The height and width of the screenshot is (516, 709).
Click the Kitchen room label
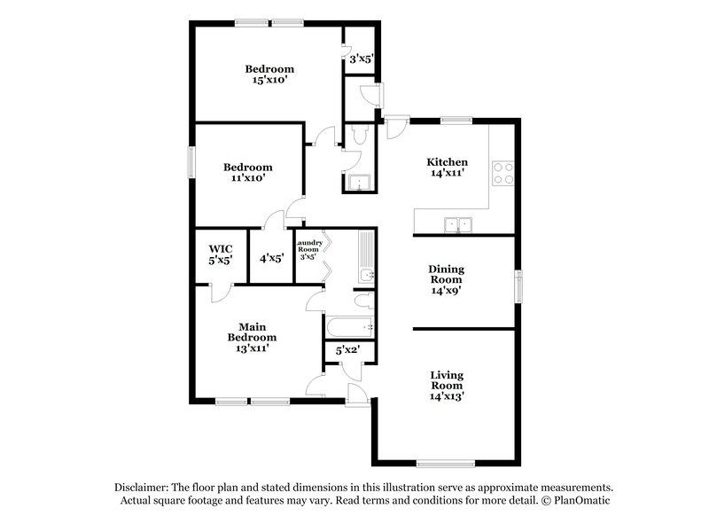[447, 162]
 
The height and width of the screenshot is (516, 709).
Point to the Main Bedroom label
[253, 331]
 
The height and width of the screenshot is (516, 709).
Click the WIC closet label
[221, 249]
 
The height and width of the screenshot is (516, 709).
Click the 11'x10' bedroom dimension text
[247, 178]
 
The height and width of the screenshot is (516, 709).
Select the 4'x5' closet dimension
[271, 259]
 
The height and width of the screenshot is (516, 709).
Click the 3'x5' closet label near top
[361, 59]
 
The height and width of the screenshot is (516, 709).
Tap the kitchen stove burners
[503, 172]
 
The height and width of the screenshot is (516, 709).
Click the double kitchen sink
[458, 225]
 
